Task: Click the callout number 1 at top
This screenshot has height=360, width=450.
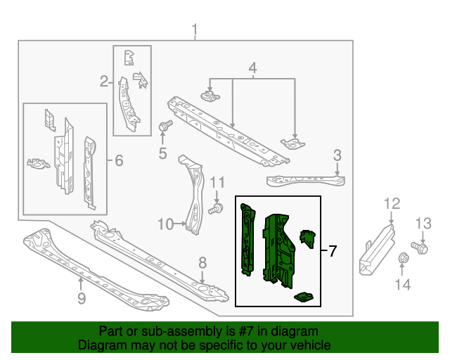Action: pos(195,30)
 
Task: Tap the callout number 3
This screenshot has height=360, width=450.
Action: pos(337,155)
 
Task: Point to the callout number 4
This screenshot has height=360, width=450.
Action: pos(252,68)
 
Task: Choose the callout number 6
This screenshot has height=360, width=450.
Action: pos(118,161)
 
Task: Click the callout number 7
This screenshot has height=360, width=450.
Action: pos(332,251)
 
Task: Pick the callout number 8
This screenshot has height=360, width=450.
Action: pos(202,263)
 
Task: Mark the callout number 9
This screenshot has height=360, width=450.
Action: pos(81,300)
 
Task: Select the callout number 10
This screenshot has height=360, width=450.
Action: pos(165,224)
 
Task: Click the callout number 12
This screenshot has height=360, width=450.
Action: pos(392,204)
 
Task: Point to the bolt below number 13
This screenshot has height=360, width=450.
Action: pos(423,247)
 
